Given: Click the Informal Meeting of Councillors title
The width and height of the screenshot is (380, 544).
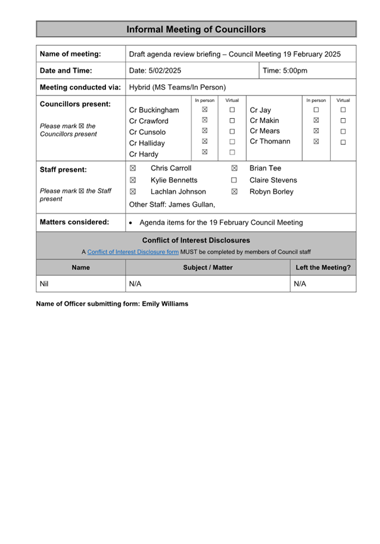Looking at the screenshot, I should click(196, 29).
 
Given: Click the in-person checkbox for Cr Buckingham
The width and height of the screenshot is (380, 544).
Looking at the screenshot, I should click(204, 110).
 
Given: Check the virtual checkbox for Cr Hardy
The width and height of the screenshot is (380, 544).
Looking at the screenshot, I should click(232, 153).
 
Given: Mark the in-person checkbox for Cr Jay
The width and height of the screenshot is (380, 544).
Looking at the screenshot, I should click(316, 110).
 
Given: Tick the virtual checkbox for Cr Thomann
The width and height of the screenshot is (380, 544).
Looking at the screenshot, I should click(343, 142).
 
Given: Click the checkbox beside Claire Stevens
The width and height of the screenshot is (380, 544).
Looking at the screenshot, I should click(234, 180).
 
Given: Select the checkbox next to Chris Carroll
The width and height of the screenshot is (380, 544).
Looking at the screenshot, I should click(133, 168).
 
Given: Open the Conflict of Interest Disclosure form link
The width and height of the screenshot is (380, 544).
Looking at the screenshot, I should click(133, 252).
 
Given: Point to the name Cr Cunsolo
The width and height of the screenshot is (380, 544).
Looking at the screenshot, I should click(148, 132).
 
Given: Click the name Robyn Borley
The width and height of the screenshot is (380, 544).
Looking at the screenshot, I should click(271, 192).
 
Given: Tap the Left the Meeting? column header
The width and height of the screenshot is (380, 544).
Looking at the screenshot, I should click(323, 268).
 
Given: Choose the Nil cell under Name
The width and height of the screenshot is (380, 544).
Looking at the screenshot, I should click(43, 284).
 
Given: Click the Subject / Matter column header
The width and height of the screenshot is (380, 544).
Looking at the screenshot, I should click(208, 268).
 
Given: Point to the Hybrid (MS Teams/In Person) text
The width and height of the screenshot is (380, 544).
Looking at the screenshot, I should click(177, 87).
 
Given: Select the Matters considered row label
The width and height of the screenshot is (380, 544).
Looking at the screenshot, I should click(74, 222).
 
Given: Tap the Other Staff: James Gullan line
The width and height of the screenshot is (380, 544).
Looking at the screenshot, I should click(172, 205).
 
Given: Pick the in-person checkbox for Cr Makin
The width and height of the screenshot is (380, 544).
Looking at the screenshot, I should click(316, 120).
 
